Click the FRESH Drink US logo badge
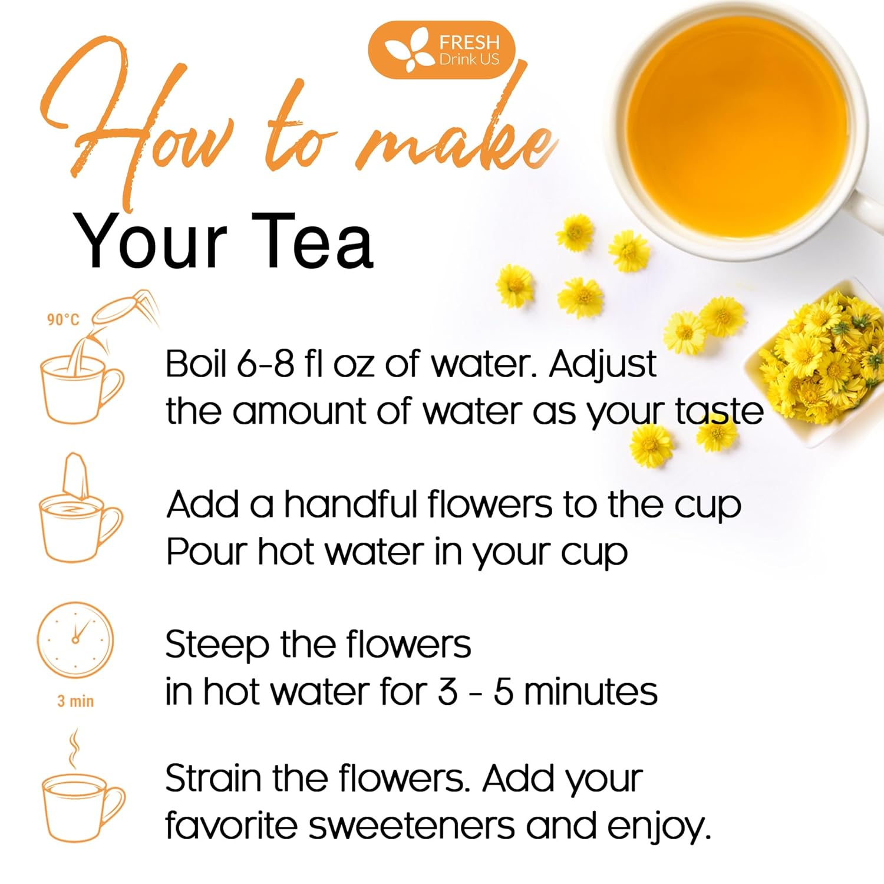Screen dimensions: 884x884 click(442, 50)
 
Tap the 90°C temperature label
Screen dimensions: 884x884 click(63, 319)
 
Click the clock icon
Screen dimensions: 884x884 click(75, 639)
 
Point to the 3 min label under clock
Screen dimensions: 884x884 click(75, 701)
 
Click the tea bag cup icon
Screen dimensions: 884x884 click(80, 513)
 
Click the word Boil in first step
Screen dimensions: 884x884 click(196, 364)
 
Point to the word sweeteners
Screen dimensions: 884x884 click(412, 826)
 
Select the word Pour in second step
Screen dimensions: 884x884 click(206, 553)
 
